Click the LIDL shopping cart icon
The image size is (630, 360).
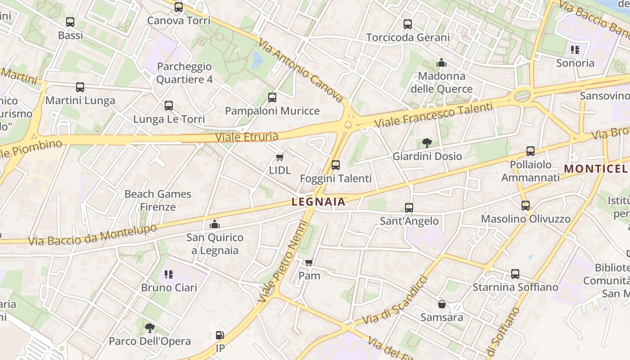pyautogui.click(x=279, y=157)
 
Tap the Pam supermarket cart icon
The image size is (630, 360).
pyautogui.click(x=309, y=262)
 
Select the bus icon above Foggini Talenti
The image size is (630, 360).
pyautogui.click(x=335, y=165)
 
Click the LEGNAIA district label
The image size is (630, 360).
pyautogui.click(x=319, y=202)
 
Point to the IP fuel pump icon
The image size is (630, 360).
pyautogui.click(x=220, y=335)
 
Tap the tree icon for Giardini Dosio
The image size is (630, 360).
pyautogui.click(x=427, y=143)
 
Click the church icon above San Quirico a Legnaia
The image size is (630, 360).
pyautogui.click(x=215, y=224)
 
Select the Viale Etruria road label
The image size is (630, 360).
pyautogui.click(x=247, y=136)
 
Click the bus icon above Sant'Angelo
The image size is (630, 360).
pyautogui.click(x=409, y=207)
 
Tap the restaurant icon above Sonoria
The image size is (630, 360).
pyautogui.click(x=575, y=50)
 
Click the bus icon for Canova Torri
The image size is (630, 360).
pyautogui.click(x=179, y=7)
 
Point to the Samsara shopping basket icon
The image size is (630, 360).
pyautogui.click(x=441, y=304)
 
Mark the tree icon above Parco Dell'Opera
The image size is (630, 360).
pyautogui.click(x=149, y=328)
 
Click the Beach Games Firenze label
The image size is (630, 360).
pyautogui.click(x=158, y=200)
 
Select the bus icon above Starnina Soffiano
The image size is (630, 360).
pyautogui.click(x=515, y=274)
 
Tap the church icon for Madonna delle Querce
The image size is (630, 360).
pyautogui.click(x=441, y=63)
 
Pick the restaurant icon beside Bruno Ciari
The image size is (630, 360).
pyautogui.click(x=169, y=274)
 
